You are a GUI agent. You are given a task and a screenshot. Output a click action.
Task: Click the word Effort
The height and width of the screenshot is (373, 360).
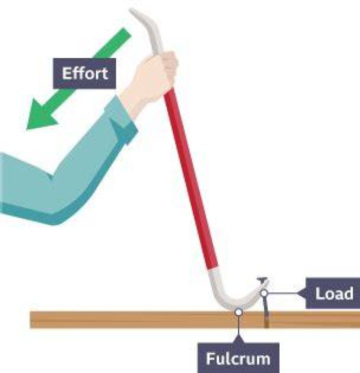coord(85,73)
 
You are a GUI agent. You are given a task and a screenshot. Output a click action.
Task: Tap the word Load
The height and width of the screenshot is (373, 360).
coord(334,293)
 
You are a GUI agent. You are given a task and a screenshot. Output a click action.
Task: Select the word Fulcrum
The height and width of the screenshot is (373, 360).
coord(238,358)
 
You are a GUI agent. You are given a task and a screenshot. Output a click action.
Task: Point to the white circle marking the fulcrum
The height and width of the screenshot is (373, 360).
coord(238,312)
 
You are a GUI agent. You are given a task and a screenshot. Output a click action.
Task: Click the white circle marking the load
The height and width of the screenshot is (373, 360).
coord(264,293)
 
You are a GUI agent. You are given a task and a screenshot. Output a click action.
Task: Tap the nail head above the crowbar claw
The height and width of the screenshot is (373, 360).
coord(262,279)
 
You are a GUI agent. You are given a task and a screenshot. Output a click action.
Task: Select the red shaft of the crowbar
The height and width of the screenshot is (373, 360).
coord(191,181)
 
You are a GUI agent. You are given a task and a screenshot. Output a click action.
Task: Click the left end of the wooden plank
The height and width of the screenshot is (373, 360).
coord(30,320)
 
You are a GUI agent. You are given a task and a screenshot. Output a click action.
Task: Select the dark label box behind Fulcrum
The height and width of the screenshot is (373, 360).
coord(238,358)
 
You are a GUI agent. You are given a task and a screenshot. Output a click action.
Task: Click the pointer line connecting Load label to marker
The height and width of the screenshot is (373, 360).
coord(282,293)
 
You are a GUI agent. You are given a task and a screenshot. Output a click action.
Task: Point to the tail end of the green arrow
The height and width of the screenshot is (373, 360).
coord(127,32)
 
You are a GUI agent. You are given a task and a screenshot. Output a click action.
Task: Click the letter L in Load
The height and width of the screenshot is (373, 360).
coord(319,293)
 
